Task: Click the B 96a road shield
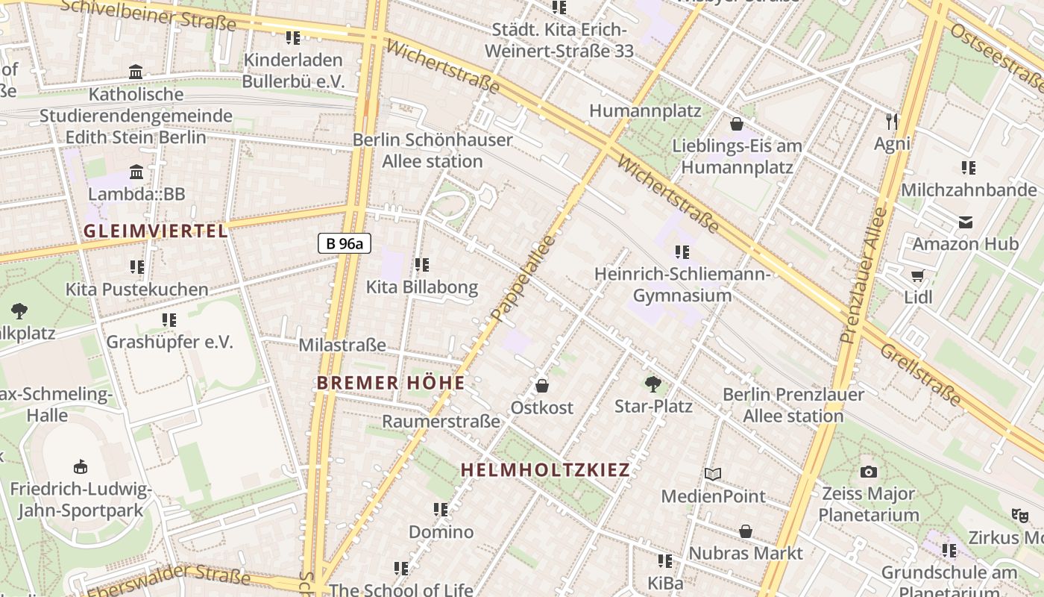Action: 344,243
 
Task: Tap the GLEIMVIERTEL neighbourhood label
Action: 156,231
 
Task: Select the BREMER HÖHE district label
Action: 391,383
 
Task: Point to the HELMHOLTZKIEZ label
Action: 545,469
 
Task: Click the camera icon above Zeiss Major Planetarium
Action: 868,472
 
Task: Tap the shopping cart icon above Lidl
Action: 917,275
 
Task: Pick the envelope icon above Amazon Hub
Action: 966,222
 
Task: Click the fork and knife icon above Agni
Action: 892,121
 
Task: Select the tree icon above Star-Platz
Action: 653,384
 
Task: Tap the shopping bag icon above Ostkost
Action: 542,386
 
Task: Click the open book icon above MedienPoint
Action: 713,474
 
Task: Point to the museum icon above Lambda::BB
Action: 136,172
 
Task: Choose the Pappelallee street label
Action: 524,278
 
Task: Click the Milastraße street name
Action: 342,345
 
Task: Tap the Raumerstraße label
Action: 441,421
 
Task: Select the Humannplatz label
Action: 645,110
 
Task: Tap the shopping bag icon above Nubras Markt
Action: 746,531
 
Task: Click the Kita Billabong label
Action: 421,287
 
